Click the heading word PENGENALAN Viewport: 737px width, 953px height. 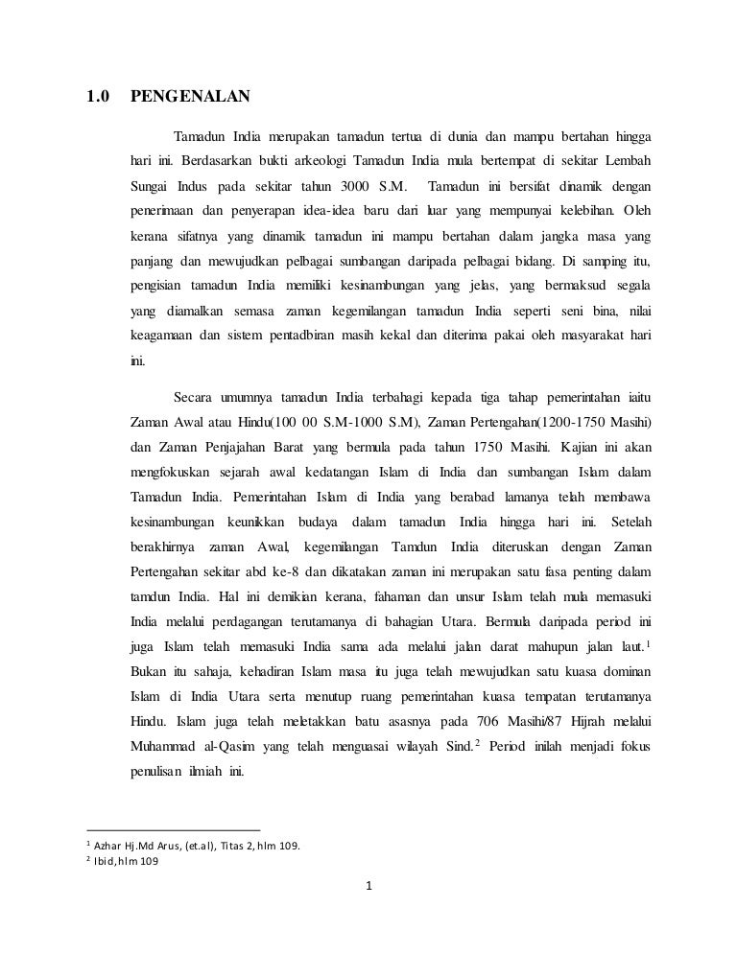[x=189, y=96]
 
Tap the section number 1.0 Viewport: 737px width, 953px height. [x=99, y=96]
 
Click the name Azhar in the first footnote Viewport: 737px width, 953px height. [x=110, y=846]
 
